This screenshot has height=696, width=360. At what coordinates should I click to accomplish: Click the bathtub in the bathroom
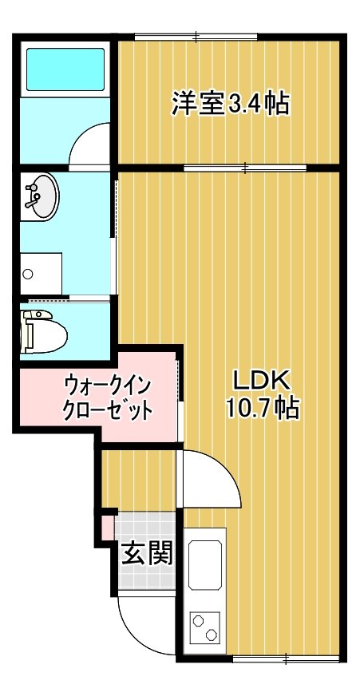(x=65, y=69)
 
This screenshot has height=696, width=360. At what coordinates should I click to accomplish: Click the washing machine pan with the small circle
(x=42, y=274)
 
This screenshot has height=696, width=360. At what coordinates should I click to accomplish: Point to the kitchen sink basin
(x=204, y=564)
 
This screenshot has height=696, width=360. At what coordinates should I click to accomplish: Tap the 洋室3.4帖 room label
(x=231, y=104)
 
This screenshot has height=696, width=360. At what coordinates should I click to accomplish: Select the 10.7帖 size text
(x=262, y=408)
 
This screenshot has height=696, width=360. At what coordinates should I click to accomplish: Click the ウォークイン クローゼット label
(x=109, y=396)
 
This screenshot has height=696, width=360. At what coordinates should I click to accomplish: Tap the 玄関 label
(x=147, y=553)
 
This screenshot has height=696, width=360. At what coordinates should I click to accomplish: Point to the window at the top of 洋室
(x=196, y=37)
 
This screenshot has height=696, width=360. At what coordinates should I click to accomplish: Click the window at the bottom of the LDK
(x=287, y=658)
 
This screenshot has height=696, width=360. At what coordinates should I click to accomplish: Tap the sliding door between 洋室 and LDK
(x=246, y=168)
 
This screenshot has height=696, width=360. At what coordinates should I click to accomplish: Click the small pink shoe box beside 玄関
(x=108, y=528)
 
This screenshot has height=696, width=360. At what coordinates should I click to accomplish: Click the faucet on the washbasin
(x=33, y=196)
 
